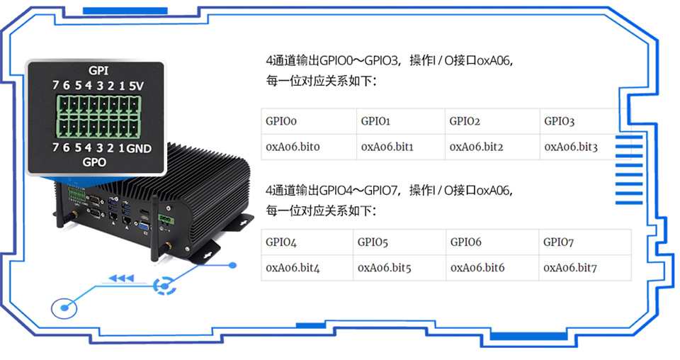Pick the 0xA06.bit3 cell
(571, 147)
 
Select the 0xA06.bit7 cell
(570, 268)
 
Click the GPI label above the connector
(98, 71)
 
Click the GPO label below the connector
(94, 162)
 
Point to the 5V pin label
(137, 86)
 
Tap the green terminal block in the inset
(98, 117)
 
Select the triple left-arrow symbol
(121, 279)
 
